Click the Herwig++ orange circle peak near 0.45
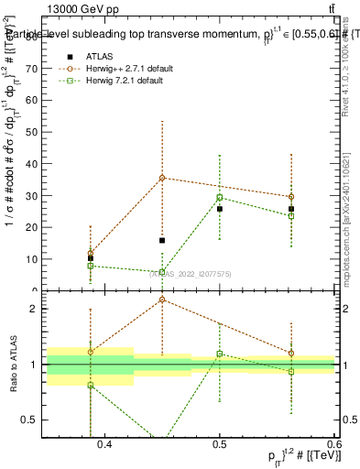162,178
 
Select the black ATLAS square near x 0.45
162,241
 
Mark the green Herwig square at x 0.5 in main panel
220,198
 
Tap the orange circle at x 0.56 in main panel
291,197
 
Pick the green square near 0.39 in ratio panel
91,386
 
